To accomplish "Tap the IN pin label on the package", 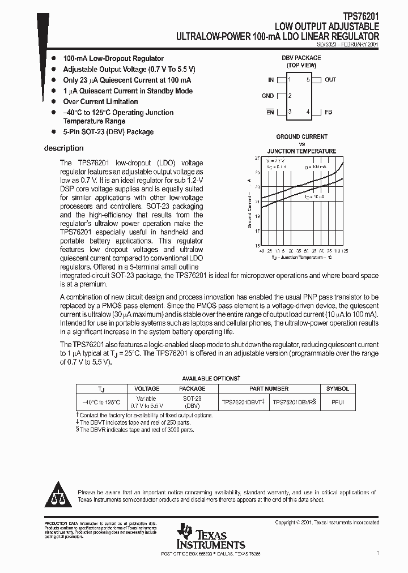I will tap(271, 80).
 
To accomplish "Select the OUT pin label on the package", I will tap(330, 80).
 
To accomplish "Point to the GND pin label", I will tap(268, 96).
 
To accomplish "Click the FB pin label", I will tap(328, 112).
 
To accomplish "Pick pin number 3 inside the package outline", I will tap(290, 112).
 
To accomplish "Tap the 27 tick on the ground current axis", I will tap(257, 158).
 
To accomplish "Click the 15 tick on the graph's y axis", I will tap(257, 246).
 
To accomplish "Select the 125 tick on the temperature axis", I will tap(345, 250).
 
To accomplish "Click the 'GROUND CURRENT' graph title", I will tap(301, 136).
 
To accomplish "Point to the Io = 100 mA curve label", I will tap(315, 167).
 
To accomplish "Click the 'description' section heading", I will tap(63, 148).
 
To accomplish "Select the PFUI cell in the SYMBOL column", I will tap(337, 402).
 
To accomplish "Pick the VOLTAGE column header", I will tap(147, 389).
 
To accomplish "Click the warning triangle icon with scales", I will tap(59, 496).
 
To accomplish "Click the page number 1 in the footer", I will tap(377, 552).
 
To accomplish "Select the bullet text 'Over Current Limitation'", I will tap(100, 102).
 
